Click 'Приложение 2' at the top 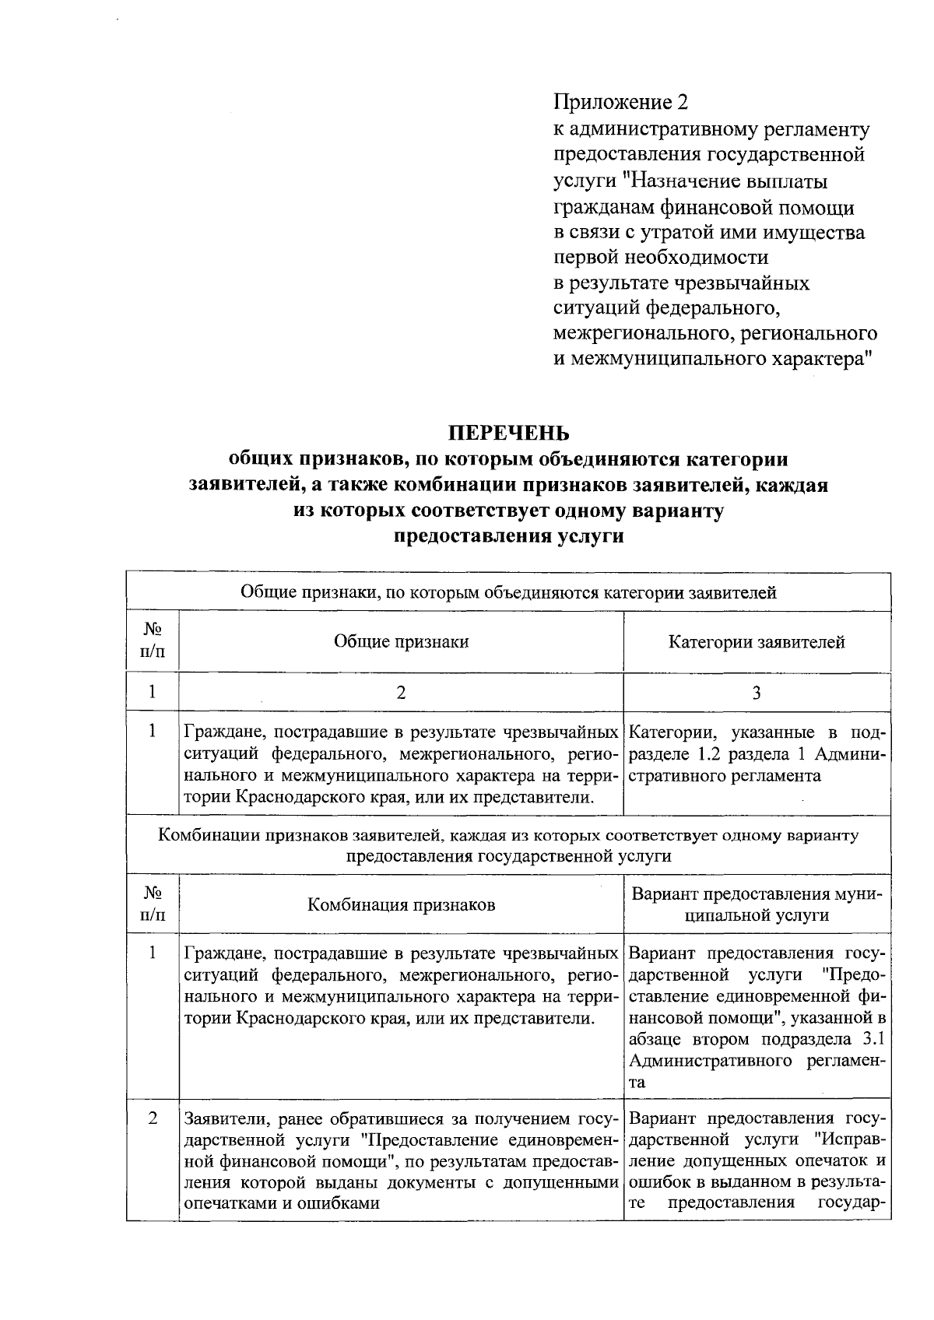620,102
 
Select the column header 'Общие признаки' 401,641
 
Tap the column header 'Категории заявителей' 757,642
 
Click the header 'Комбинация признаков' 401,904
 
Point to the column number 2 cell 401,692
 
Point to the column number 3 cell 757,692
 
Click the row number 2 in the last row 153,1118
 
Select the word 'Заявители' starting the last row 222,1119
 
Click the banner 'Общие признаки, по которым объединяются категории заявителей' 508,593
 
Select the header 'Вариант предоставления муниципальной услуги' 757,904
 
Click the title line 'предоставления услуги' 508,537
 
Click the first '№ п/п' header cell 153,641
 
